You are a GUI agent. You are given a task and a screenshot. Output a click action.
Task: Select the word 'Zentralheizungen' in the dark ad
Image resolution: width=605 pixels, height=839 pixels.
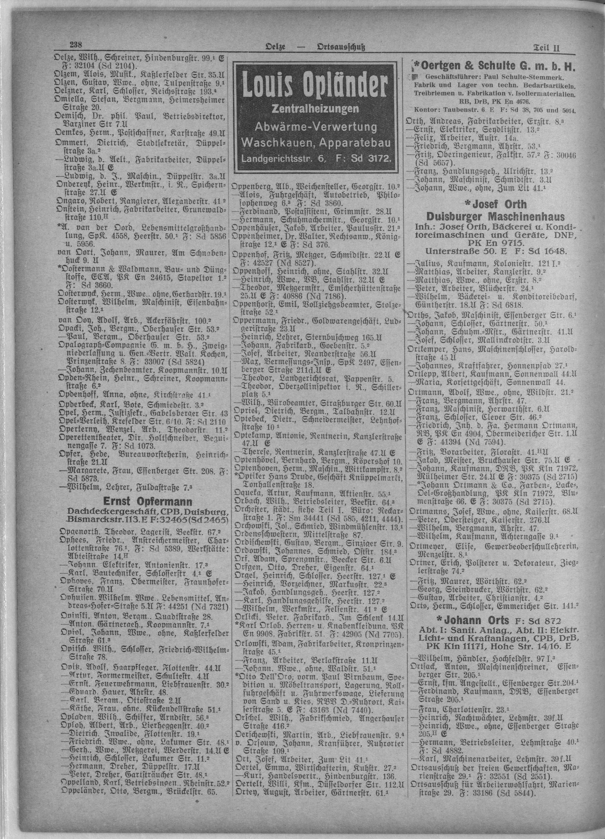click(x=315, y=109)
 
